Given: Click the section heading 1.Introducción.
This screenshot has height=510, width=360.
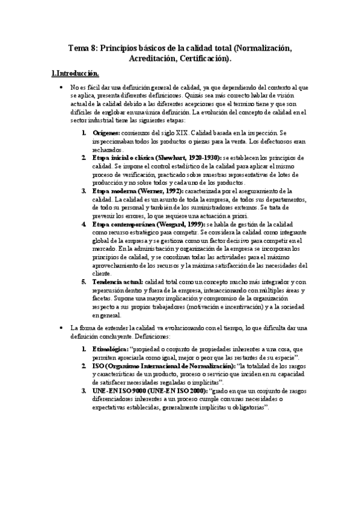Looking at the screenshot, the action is click(x=75, y=73).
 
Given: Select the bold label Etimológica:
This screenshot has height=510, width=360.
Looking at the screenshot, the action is click(x=111, y=348).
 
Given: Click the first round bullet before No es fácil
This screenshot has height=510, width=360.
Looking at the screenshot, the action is click(x=63, y=88).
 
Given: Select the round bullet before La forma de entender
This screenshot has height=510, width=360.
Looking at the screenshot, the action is click(x=63, y=328).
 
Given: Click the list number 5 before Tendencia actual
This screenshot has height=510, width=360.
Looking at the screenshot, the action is click(x=85, y=281).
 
